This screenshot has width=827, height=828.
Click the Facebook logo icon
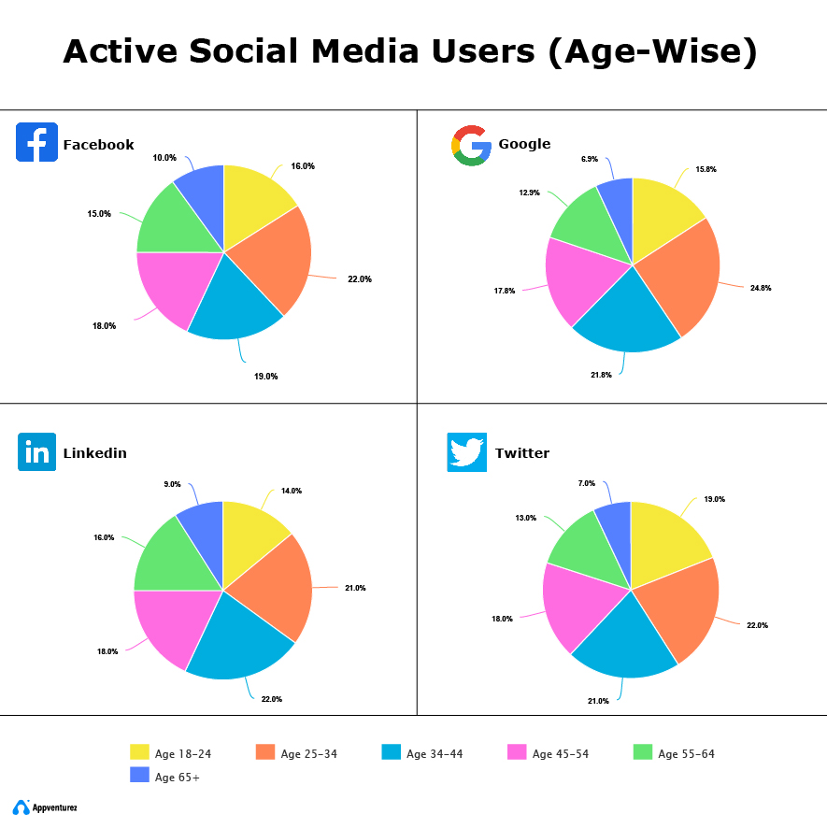point(36,142)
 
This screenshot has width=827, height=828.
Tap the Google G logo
point(471,145)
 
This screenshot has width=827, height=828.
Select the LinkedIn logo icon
point(37,452)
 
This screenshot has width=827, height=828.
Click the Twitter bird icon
point(467,452)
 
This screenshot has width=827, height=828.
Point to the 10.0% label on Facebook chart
point(164,158)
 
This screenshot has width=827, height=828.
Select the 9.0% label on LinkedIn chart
point(172,484)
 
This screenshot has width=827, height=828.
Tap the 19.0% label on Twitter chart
point(714,499)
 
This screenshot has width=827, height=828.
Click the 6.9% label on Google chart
point(589,159)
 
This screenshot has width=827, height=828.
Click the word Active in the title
point(120,52)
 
